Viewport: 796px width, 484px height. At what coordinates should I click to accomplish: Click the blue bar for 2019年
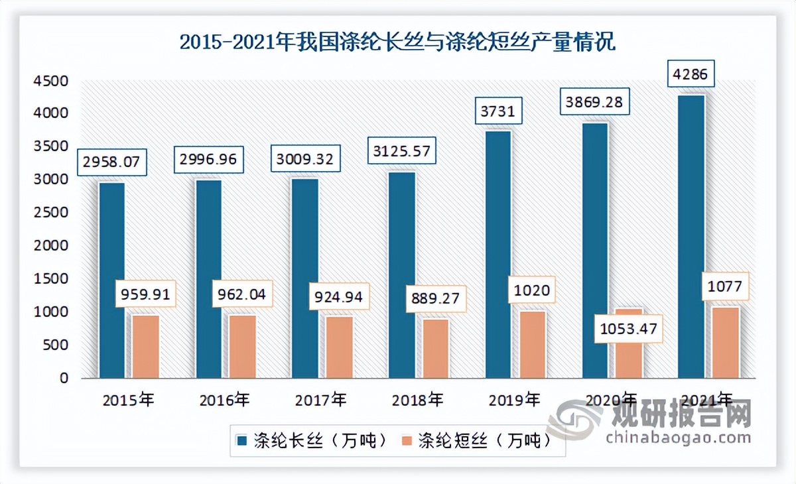click(x=497, y=255)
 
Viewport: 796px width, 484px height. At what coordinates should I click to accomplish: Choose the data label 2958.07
click(x=111, y=161)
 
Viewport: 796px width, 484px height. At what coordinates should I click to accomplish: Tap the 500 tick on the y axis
click(x=57, y=345)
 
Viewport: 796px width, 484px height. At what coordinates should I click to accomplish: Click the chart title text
click(x=398, y=43)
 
